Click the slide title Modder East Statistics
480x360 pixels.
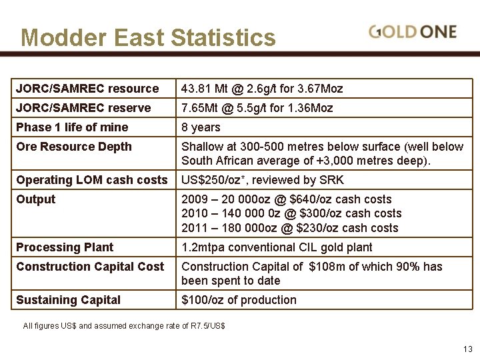(x=148, y=37)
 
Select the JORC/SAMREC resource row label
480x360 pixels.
(x=87, y=89)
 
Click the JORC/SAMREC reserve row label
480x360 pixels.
(x=83, y=108)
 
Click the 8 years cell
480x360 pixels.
(x=201, y=127)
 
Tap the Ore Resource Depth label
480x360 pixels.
(x=74, y=147)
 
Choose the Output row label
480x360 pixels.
(x=35, y=199)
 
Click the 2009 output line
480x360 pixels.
(x=286, y=199)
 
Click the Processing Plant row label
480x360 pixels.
(x=65, y=247)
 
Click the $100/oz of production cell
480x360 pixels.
(x=239, y=300)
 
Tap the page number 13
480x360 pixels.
(x=467, y=349)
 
